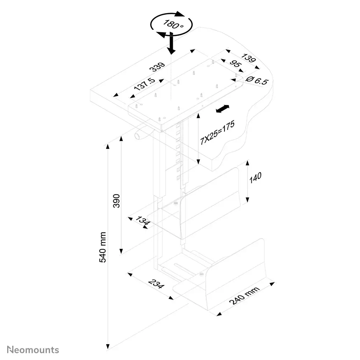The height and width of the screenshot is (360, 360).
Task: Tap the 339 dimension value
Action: click(x=157, y=67)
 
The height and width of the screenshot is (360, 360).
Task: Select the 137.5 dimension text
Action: click(x=145, y=84)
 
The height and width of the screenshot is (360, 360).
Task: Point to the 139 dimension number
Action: click(x=248, y=58)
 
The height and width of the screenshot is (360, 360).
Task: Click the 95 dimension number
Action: click(x=235, y=63)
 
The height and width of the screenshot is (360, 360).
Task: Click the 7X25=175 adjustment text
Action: click(x=217, y=133)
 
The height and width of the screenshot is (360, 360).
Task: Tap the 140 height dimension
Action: click(x=255, y=178)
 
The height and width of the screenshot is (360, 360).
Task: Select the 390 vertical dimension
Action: click(x=117, y=201)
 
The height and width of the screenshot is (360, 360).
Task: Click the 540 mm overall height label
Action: click(x=103, y=247)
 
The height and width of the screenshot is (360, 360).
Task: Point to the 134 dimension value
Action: click(x=143, y=221)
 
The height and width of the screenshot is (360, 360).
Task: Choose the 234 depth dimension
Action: click(x=156, y=284)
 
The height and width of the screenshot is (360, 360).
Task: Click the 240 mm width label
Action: click(x=244, y=295)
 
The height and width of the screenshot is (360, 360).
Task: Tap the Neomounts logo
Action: click(x=33, y=350)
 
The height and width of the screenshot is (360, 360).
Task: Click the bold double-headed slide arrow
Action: click(x=222, y=109)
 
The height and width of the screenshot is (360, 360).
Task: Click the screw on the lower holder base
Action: click(x=202, y=274)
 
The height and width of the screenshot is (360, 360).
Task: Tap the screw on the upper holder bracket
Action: click(x=176, y=203)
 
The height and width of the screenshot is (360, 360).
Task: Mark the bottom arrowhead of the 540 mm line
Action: click(x=108, y=346)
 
